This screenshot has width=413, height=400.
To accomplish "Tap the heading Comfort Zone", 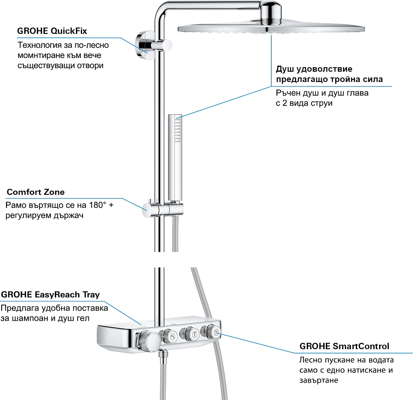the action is pyautogui.click(x=36, y=192).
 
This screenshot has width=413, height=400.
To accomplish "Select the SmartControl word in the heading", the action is pyautogui.click(x=361, y=346).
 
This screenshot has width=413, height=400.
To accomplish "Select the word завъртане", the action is pyautogui.click(x=319, y=380).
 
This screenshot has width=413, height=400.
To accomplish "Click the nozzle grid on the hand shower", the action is pyautogui.click(x=178, y=130).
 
